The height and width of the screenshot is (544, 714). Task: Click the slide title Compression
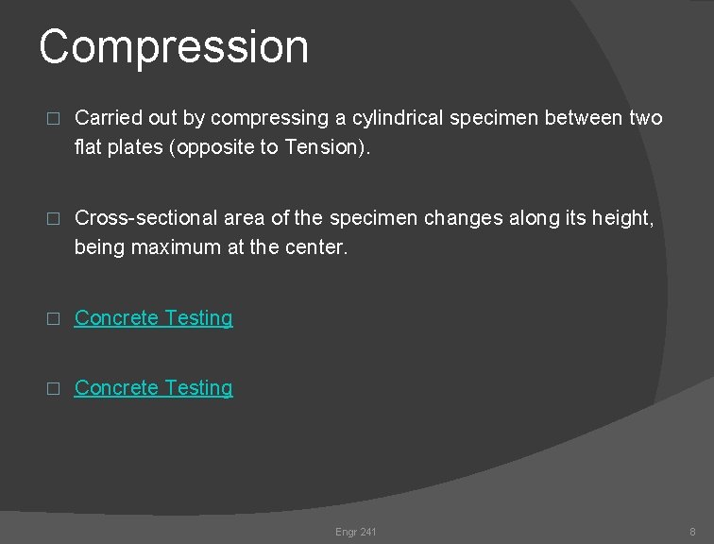pos(174,47)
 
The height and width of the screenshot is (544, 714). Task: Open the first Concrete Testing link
pos(153,318)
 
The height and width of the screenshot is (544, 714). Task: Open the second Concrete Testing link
pos(153,388)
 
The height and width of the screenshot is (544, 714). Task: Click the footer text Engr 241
pos(355,532)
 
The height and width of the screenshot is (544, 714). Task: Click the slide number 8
pos(692,532)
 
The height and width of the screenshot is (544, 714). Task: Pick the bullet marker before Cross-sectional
pos(53,219)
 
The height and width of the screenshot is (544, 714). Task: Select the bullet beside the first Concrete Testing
pos(53,319)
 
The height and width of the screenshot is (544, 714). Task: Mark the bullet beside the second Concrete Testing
pos(53,389)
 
